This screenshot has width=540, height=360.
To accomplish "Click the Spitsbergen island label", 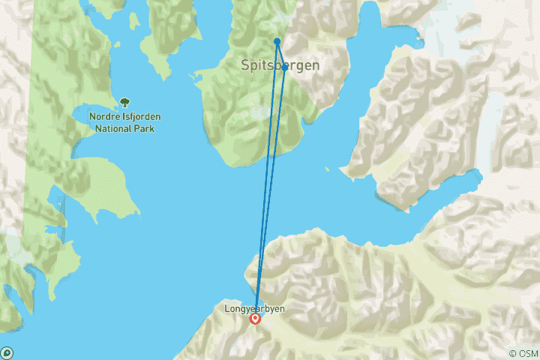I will [280, 65].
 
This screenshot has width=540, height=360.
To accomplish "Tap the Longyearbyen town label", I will [255, 308].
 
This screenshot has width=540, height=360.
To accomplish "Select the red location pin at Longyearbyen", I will [256, 319].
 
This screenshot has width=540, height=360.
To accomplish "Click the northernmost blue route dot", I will [277, 41].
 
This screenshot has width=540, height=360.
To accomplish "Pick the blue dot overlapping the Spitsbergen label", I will [285, 67].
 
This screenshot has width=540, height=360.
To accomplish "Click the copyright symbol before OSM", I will [512, 353].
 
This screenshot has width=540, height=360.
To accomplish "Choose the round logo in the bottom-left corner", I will [7, 352].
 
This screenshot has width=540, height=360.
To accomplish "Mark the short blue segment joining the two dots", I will [281, 54].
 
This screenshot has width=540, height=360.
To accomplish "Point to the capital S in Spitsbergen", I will [245, 65].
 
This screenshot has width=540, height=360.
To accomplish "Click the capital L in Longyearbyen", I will [227, 308].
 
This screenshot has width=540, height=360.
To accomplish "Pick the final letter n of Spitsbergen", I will [316, 65].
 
